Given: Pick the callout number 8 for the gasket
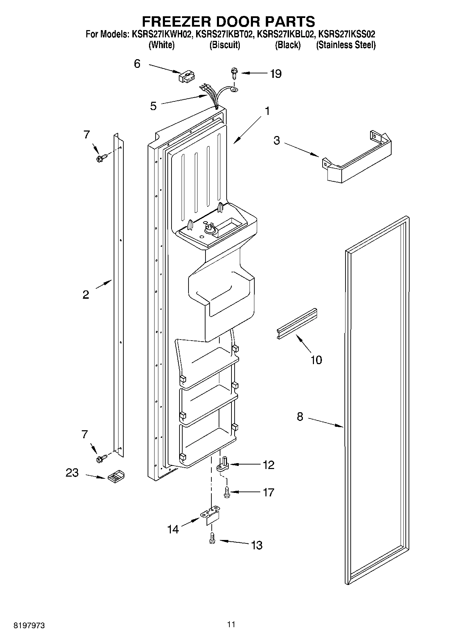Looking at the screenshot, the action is click(300, 417).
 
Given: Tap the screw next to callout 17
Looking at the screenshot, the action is click(227, 492).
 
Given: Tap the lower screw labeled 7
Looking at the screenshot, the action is click(102, 458).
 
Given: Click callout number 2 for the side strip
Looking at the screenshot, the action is click(86, 295).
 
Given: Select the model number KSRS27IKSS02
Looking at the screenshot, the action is click(346, 34).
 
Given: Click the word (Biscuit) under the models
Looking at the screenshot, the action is click(225, 45).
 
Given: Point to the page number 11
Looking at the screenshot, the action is click(231, 624).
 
